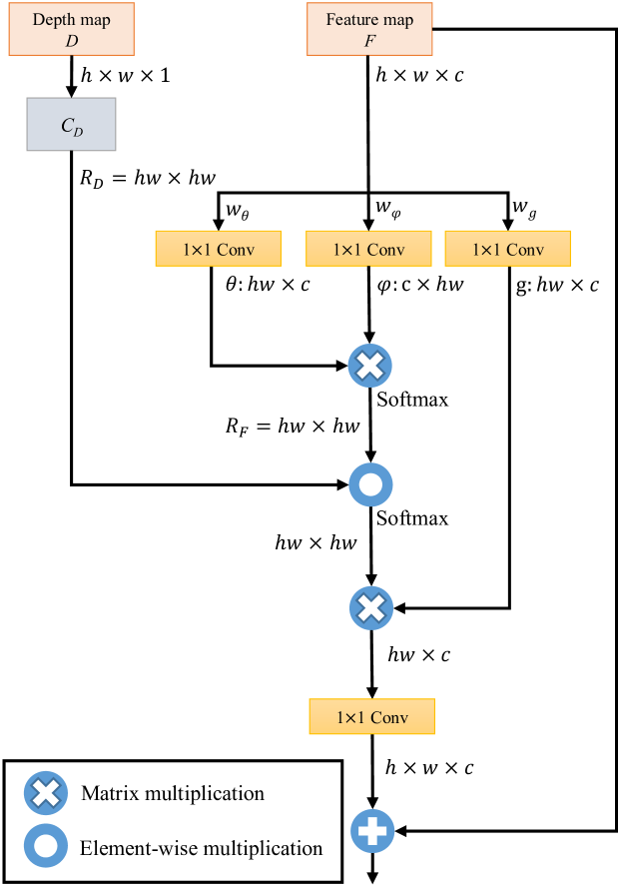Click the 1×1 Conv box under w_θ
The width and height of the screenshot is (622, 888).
click(x=219, y=249)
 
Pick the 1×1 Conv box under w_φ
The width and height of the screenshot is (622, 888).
click(x=368, y=249)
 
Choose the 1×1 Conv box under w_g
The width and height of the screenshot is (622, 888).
click(x=508, y=249)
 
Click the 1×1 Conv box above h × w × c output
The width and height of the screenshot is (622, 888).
click(x=372, y=717)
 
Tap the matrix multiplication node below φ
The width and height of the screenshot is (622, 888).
click(x=370, y=366)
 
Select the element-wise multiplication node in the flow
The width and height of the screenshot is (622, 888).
click(x=370, y=485)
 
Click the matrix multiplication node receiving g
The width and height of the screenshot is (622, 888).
click(x=370, y=605)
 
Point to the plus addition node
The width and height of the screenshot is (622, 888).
click(x=372, y=829)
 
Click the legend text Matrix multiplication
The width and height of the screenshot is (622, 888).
click(x=173, y=794)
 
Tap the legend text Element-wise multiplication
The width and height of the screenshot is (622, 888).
click(x=201, y=848)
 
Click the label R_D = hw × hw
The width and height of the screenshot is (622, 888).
click(x=149, y=179)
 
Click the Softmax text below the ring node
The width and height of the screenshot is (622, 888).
click(x=412, y=518)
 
